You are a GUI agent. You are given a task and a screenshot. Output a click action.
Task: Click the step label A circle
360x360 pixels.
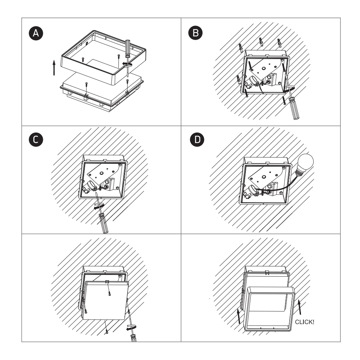point(36,33)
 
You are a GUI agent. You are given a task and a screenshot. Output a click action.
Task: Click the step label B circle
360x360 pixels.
point(195,33)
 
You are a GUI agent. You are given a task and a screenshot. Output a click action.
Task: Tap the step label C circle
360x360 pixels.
point(36,140)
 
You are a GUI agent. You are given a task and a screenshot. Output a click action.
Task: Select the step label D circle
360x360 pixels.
point(197,140)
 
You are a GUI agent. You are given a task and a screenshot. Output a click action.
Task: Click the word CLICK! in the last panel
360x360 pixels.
point(304,322)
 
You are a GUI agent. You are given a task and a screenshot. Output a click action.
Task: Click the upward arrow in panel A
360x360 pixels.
point(54,68)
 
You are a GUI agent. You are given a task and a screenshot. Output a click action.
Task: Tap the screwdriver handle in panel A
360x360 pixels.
point(128,49)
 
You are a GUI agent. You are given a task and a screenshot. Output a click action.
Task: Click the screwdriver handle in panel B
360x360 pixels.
point(294,108)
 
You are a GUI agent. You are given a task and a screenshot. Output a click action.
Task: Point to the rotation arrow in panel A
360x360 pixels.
point(127,64)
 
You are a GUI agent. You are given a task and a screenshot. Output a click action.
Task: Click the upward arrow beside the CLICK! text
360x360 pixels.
point(300,307)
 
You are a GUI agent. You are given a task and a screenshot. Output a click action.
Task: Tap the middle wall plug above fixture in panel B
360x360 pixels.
point(261,42)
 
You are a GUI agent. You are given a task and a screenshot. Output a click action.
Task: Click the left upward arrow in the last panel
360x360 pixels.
point(239,316)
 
